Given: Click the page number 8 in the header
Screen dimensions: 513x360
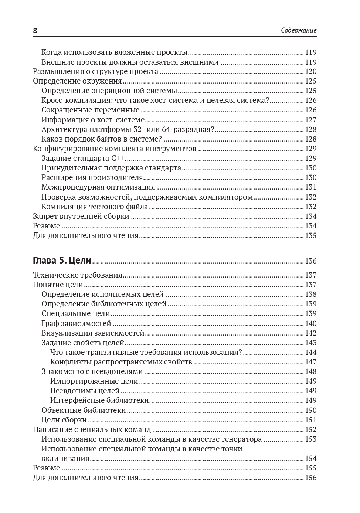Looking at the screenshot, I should [35, 31].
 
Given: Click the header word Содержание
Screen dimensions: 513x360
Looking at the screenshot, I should [299, 31].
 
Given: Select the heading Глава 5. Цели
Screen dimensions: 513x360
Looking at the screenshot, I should [62, 261].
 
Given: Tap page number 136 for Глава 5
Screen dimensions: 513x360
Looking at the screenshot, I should [310, 261].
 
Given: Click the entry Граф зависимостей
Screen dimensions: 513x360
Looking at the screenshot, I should [76, 323].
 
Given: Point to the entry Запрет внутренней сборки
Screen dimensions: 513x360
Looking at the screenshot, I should [81, 216].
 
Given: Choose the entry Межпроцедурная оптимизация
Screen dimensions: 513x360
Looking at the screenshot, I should [98, 187].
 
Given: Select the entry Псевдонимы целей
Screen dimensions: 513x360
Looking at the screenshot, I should [85, 391].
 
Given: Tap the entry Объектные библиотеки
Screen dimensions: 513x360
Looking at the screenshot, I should [84, 410].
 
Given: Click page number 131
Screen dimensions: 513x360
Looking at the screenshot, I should [310, 187].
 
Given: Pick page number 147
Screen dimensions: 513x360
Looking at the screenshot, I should [310, 362].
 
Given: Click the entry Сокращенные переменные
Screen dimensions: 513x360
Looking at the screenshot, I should [90, 110].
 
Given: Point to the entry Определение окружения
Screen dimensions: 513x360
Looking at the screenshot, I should [77, 81].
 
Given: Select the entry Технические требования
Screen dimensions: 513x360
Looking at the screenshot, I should [77, 275].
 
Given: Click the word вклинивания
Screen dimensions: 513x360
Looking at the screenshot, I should [65, 458].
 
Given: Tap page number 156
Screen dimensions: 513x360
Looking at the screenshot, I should [310, 478].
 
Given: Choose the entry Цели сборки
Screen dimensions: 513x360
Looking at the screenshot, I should [64, 420].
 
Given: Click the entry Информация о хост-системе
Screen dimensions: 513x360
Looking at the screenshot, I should [93, 120].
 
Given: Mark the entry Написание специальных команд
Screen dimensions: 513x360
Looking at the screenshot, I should [92, 429].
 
